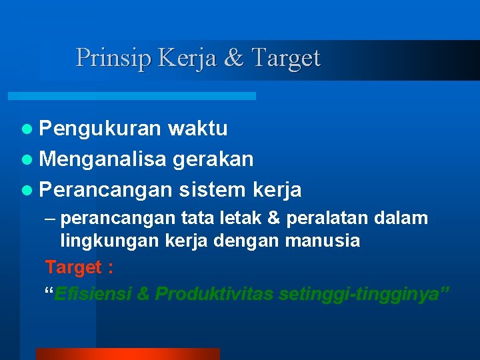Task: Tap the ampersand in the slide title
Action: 234,58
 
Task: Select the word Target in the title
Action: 285,58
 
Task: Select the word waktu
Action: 197,128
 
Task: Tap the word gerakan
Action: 213,159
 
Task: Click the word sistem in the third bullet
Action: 213,190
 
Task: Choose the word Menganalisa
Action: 103,159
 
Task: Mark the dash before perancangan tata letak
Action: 51,219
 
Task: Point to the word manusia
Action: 323,241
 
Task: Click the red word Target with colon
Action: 79,267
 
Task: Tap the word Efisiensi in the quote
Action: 93,294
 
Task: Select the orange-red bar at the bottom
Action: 127,353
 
